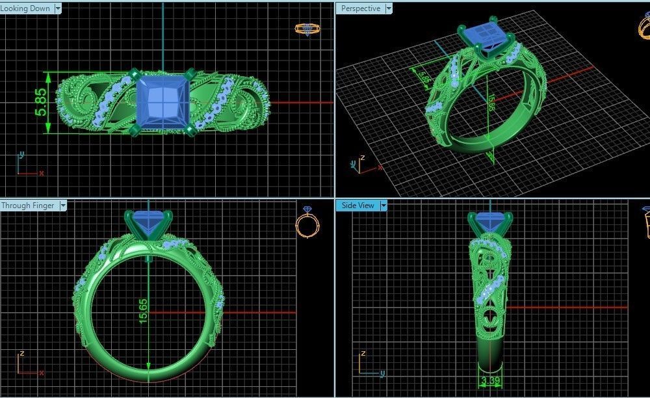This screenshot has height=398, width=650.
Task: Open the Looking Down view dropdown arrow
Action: pyautogui.click(x=58, y=8)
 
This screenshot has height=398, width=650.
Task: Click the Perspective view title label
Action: pyautogui.click(x=361, y=8)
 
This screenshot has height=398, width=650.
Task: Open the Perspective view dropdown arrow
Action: pyautogui.click(x=389, y=8)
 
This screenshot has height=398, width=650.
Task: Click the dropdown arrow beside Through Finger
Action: pyautogui.click(x=63, y=206)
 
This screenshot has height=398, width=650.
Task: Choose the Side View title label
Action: pyautogui.click(x=357, y=206)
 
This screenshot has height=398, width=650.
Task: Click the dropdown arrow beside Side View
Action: pyautogui.click(x=383, y=206)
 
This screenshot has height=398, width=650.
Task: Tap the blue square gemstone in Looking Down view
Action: pyautogui.click(x=162, y=100)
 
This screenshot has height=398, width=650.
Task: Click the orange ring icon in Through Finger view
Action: pyautogui.click(x=307, y=223)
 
